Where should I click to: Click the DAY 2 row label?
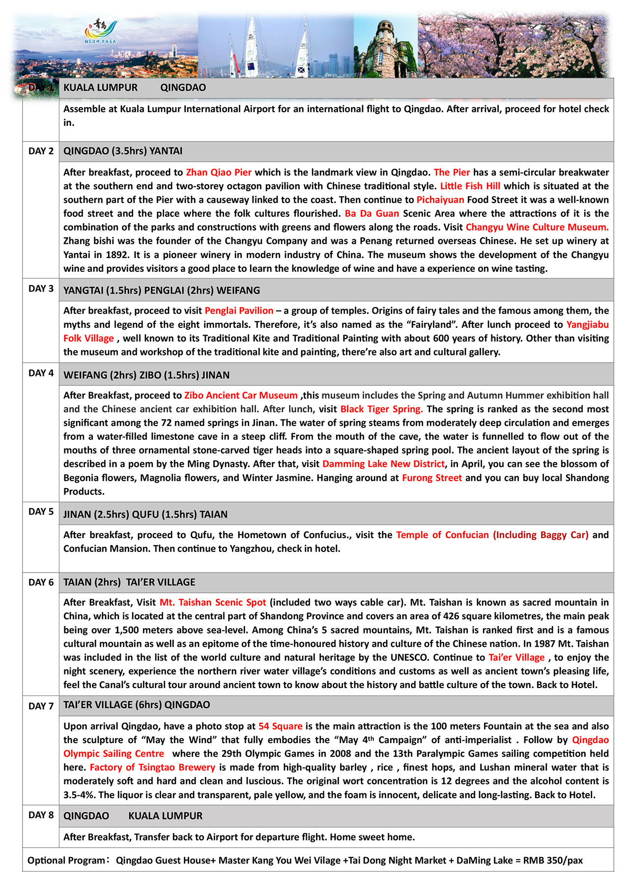point(41,151)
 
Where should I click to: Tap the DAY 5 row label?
point(41,512)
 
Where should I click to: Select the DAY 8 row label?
point(41,815)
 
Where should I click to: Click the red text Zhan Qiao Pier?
point(219,172)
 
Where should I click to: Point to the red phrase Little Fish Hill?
point(470,186)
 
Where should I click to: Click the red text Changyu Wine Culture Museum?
point(537,228)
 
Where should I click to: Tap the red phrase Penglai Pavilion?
point(239,311)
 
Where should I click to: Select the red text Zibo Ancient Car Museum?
point(241,396)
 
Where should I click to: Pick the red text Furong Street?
point(431,478)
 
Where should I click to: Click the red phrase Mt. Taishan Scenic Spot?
point(213,603)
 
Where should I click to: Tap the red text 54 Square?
point(280,726)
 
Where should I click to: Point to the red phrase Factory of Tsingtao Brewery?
point(152,768)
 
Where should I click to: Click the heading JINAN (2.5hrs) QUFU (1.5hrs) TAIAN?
point(145,515)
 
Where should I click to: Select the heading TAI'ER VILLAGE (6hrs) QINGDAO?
point(137,705)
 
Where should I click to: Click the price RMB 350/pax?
point(553,861)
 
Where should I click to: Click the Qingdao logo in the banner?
point(101,32)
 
